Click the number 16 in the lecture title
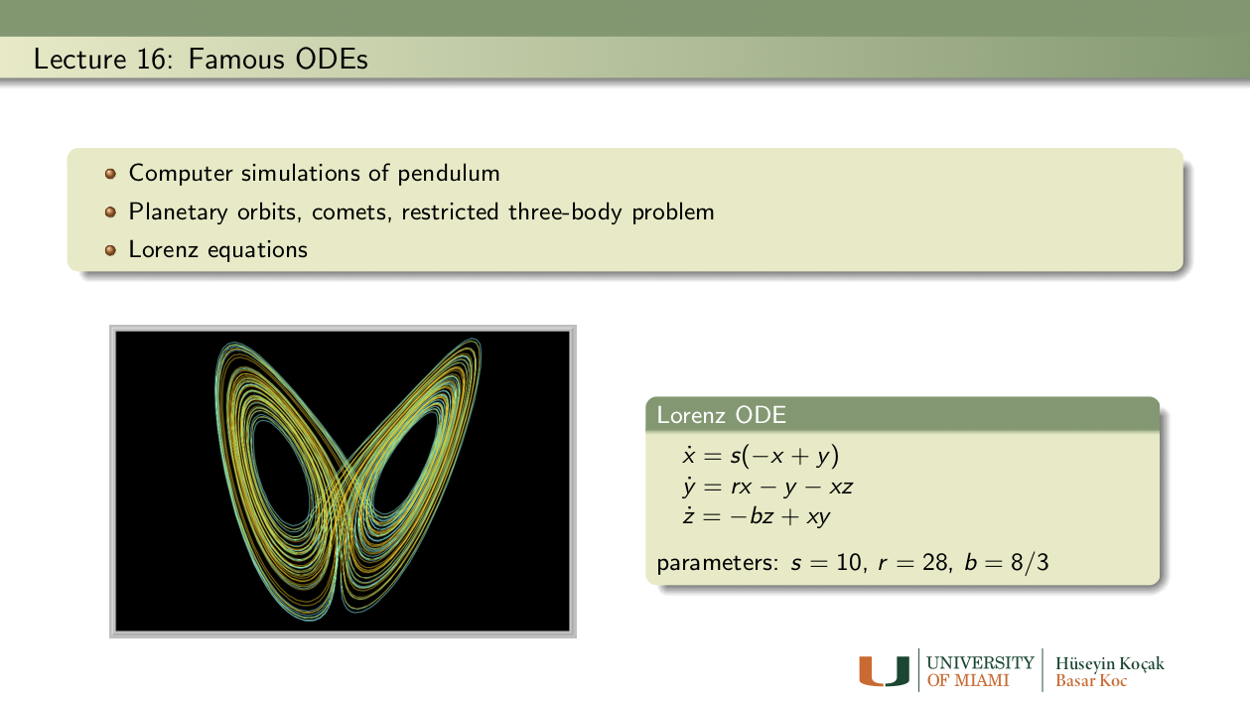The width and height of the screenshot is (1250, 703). (x=151, y=60)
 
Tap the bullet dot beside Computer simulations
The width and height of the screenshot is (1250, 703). (x=110, y=174)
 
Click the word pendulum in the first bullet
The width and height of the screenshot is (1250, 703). (x=448, y=173)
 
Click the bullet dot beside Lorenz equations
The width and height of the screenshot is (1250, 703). (x=110, y=250)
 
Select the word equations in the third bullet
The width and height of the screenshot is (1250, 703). (x=257, y=250)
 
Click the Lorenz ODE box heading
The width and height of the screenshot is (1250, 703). (x=721, y=415)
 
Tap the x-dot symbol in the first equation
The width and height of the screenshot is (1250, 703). (x=689, y=455)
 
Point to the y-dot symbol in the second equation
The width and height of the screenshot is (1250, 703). (x=689, y=488)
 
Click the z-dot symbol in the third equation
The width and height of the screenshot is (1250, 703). (x=689, y=515)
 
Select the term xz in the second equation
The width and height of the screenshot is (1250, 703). (x=841, y=488)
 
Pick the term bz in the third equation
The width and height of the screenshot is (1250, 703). (x=762, y=515)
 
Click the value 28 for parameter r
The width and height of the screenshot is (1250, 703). (x=935, y=562)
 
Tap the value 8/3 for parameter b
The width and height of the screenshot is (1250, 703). (x=1030, y=562)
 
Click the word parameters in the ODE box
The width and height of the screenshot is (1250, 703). (x=717, y=563)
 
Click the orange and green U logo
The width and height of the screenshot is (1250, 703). (x=884, y=671)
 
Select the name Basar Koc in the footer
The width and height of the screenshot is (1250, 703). (x=1091, y=681)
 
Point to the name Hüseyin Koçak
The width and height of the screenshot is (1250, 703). (x=1109, y=663)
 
